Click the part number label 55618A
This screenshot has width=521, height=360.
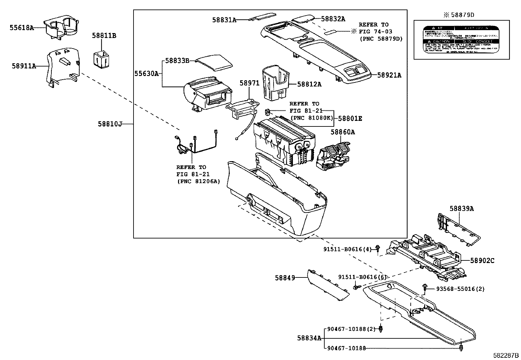21,28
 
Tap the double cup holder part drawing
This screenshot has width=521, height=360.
62,28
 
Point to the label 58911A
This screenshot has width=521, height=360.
24,66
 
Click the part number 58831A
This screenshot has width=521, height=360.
224,20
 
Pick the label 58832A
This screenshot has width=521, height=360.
333,19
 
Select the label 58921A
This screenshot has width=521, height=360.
389,75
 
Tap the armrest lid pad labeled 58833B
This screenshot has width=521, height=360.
214,63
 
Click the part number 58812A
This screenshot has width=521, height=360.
309,84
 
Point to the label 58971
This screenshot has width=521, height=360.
249,83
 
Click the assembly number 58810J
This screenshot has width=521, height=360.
110,124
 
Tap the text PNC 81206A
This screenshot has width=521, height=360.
198,181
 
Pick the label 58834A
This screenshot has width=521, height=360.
309,338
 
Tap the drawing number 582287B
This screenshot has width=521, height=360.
506,355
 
